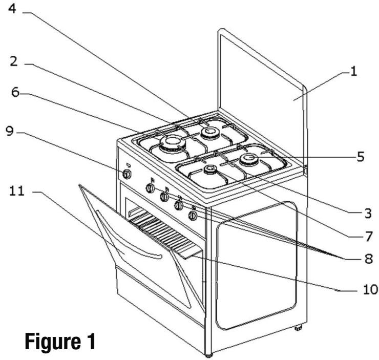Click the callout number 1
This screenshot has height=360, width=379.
[352, 72]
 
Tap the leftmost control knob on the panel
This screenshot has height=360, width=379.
[127, 174]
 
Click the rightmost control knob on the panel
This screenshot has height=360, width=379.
[193, 216]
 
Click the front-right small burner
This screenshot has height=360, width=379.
[209, 171]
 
